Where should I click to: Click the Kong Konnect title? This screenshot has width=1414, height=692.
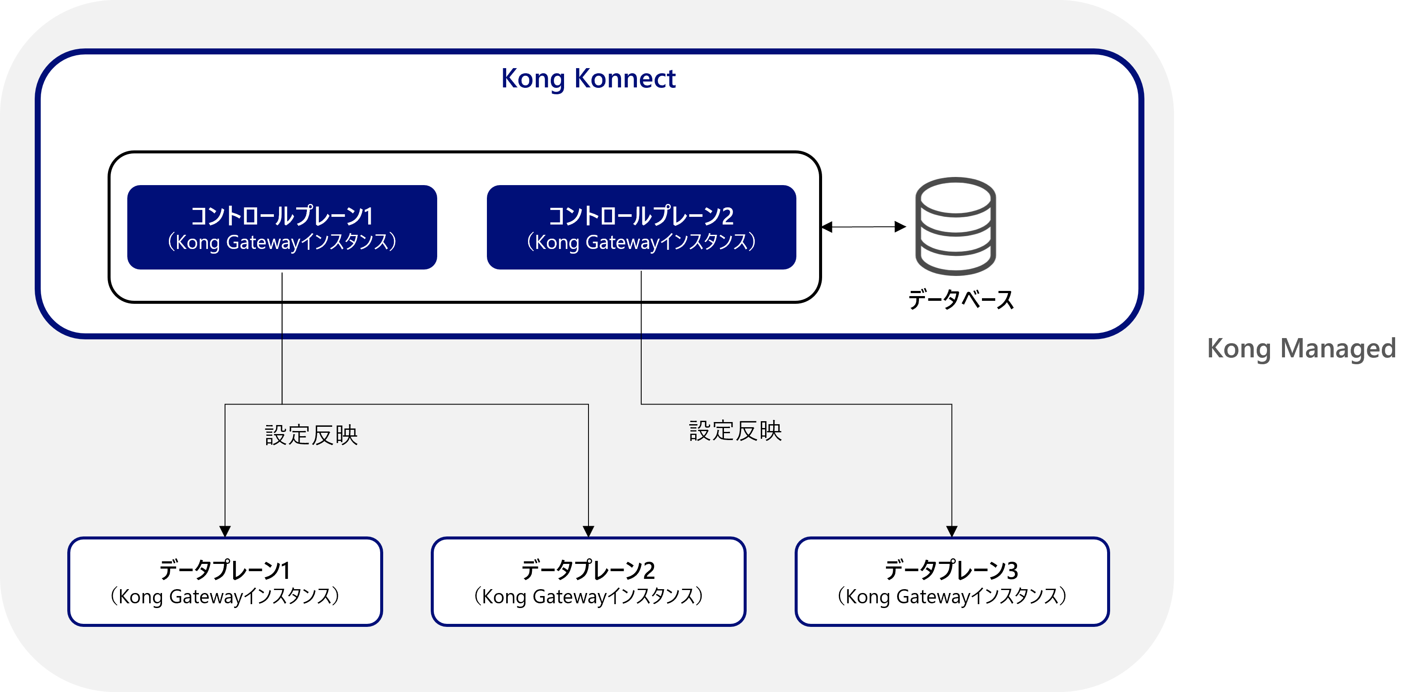pyautogui.click(x=588, y=78)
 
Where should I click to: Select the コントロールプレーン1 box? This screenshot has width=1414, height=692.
pyautogui.click(x=282, y=227)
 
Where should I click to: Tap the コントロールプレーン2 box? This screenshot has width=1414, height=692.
pyautogui.click(x=641, y=227)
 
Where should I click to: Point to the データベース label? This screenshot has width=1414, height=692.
pyautogui.click(x=961, y=300)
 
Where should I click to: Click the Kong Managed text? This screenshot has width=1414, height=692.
pyautogui.click(x=1301, y=348)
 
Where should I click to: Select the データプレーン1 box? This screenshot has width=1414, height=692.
pyautogui.click(x=225, y=582)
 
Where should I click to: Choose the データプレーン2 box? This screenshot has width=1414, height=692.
pyautogui.click(x=588, y=582)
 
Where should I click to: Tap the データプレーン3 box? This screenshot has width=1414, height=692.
pyautogui.click(x=952, y=582)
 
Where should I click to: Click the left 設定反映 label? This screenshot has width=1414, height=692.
pyautogui.click(x=311, y=435)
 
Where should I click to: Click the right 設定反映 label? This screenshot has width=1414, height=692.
pyautogui.click(x=735, y=431)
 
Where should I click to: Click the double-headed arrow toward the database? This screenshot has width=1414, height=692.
pyautogui.click(x=863, y=227)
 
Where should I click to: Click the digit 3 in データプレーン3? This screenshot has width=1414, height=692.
pyautogui.click(x=1012, y=571)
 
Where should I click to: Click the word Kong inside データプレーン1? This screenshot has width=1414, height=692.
pyautogui.click(x=141, y=597)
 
